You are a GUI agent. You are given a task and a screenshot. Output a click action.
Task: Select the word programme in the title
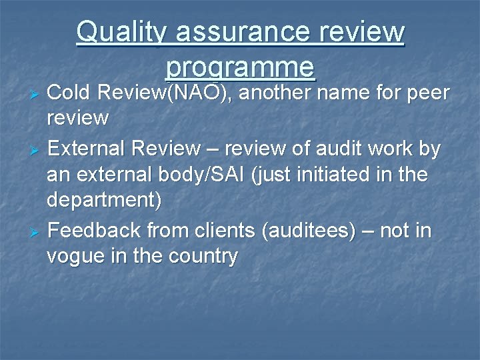pos(240,67)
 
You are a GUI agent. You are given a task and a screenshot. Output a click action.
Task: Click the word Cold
pos(69,93)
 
